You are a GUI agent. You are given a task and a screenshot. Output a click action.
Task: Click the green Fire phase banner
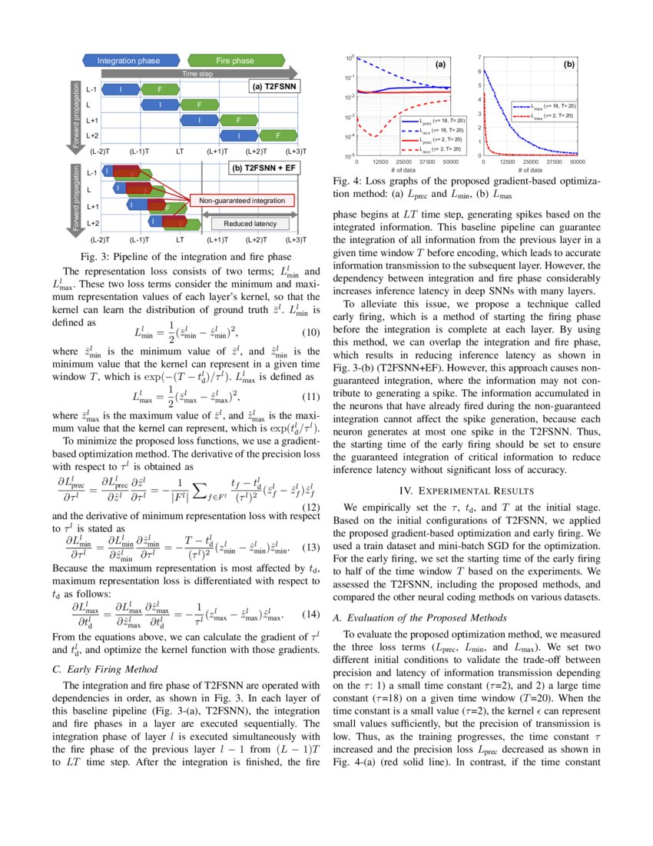tap(234, 60)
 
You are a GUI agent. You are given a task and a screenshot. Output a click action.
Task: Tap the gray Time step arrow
tap(197, 74)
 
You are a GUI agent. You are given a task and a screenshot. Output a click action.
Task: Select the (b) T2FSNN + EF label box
tap(266, 167)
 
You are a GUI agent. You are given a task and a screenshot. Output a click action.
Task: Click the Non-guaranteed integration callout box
tap(242, 201)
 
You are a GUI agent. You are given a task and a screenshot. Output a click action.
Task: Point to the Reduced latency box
tap(248, 224)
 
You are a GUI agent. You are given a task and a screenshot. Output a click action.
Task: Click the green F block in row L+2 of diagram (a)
tap(277, 136)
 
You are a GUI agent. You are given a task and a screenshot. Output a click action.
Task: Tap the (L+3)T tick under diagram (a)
tap(295, 152)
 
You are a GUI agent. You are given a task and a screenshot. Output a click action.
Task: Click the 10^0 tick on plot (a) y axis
tap(349, 58)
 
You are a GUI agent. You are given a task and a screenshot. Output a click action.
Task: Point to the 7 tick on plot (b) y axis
tap(479, 57)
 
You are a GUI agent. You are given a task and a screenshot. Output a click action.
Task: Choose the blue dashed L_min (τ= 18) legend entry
tap(437, 131)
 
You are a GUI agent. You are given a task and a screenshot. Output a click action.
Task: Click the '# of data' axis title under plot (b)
tap(531, 170)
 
